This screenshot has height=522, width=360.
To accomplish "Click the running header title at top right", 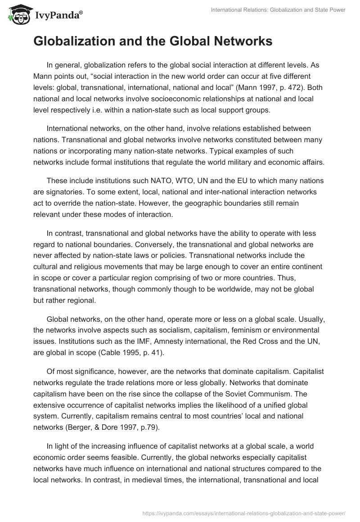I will coord(278,10).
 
